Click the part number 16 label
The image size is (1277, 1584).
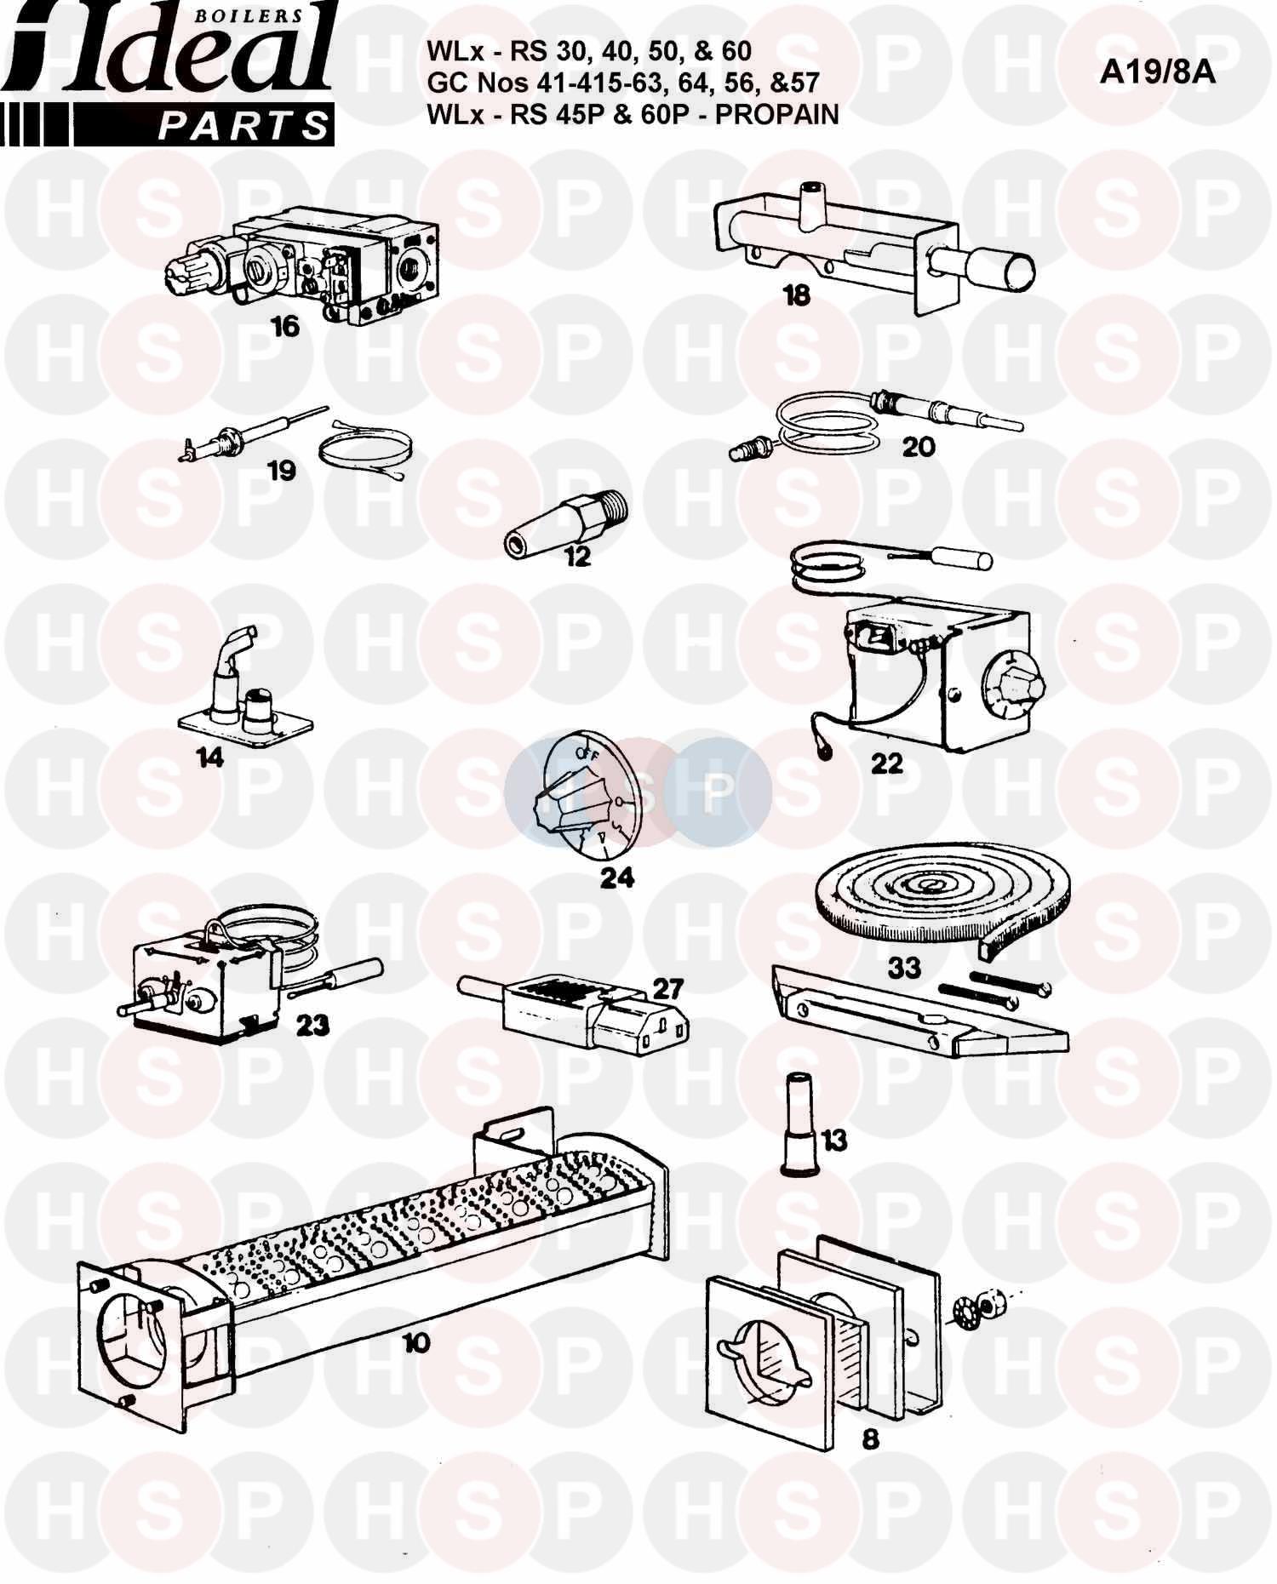point(286,326)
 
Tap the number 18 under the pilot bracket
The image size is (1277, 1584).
point(797,295)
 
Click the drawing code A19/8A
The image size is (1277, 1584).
point(1158,73)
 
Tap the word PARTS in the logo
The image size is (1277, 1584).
point(244,127)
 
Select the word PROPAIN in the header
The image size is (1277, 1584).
point(776,114)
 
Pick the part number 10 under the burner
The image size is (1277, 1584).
point(416,1343)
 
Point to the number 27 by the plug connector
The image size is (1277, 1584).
point(668,988)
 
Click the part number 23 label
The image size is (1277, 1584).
point(312,1025)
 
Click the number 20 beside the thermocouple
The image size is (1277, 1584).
point(919,446)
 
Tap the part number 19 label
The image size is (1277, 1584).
point(282,470)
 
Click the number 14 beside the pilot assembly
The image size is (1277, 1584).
point(210,757)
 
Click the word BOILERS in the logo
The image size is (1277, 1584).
point(262,14)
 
